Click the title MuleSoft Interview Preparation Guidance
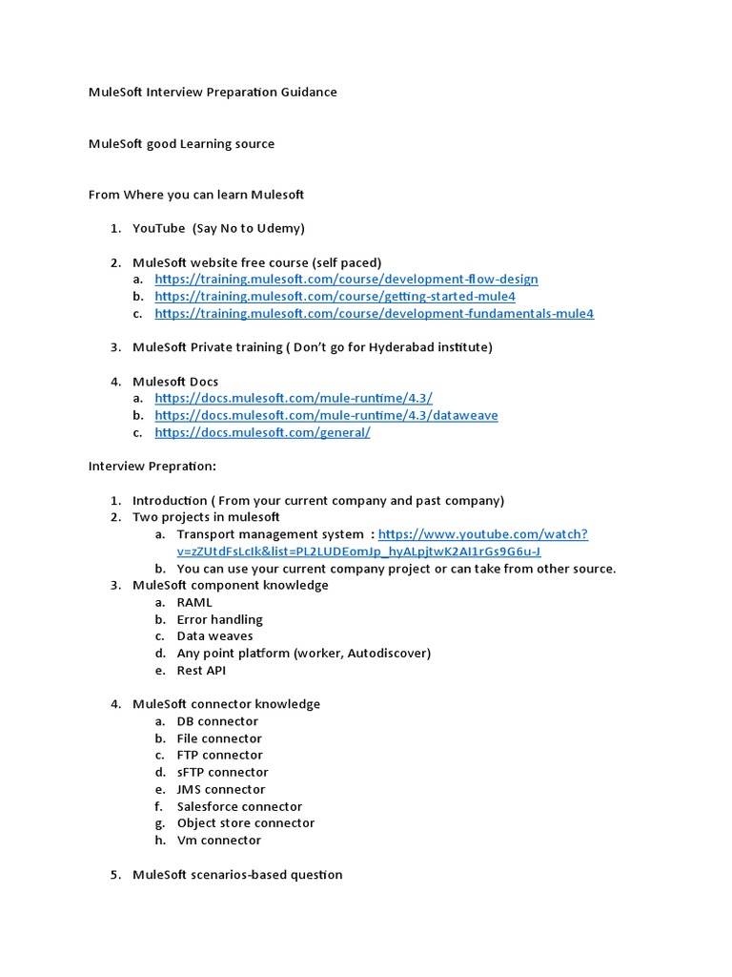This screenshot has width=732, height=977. point(213,93)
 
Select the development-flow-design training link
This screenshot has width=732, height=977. point(346,280)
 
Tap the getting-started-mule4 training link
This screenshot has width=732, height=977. point(335,297)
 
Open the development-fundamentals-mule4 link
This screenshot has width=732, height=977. point(374,314)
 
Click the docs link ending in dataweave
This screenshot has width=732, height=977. point(326,416)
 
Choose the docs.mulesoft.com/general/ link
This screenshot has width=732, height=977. point(262,433)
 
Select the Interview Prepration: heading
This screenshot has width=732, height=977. point(152,467)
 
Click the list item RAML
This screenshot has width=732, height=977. point(194,603)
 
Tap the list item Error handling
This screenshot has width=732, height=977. point(219,620)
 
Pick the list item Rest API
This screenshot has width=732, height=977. point(201,671)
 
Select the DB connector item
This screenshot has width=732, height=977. point(217,722)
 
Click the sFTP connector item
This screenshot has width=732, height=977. point(222,773)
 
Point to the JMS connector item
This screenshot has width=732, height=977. point(220,790)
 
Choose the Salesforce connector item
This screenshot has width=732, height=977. point(239,807)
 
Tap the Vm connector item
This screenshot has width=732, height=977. point(218,841)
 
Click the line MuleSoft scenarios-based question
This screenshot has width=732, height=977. point(237,875)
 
